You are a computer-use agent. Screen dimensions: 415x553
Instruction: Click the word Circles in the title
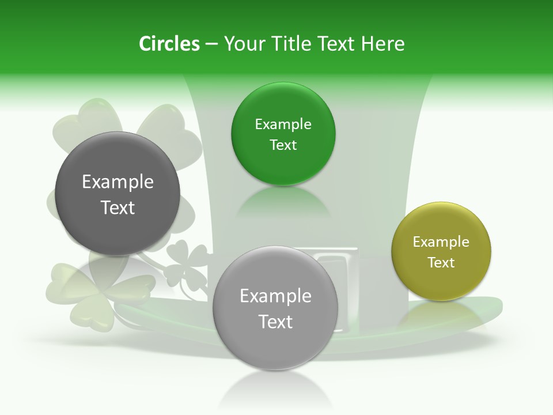(169, 44)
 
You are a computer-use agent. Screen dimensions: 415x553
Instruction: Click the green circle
(283, 134)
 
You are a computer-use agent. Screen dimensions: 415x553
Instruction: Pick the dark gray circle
(118, 194)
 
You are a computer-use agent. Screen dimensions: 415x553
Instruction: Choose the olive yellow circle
(441, 251)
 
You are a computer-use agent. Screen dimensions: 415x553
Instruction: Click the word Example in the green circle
(283, 124)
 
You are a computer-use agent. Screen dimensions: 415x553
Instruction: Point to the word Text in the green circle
(283, 145)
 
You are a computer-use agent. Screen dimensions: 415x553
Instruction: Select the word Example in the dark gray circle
(118, 182)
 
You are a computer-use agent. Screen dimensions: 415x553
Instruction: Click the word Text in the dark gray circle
(118, 207)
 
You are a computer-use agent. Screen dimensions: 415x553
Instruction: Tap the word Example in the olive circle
(441, 242)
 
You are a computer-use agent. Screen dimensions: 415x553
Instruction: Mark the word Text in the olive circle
(441, 263)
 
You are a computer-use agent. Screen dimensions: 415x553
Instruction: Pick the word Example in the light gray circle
(275, 296)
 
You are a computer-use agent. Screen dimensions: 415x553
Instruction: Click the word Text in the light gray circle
(275, 322)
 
